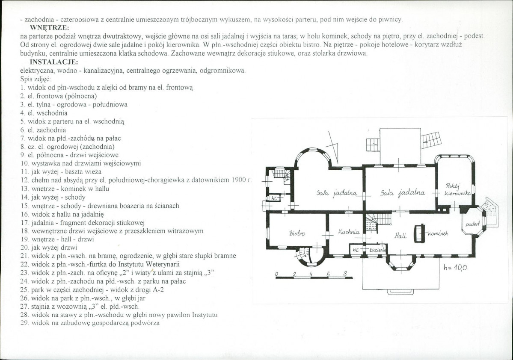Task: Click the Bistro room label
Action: pyautogui.click(x=297, y=233)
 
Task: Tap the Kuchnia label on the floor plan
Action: pyautogui.click(x=349, y=232)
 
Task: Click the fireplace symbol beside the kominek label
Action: pyautogui.click(x=419, y=234)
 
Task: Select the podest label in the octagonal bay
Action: pyautogui.click(x=472, y=224)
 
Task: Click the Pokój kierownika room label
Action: pyautogui.click(x=457, y=190)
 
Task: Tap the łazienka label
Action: pyautogui.click(x=377, y=250)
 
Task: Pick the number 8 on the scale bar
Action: pyautogui.click(x=345, y=274)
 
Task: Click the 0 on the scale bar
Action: pyautogui.click(x=276, y=274)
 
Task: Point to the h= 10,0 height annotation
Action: pyautogui.click(x=455, y=268)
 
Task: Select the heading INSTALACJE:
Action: pyautogui.click(x=54, y=62)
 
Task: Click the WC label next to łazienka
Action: pyautogui.click(x=356, y=250)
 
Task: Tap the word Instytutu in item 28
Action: pyautogui.click(x=205, y=315)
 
